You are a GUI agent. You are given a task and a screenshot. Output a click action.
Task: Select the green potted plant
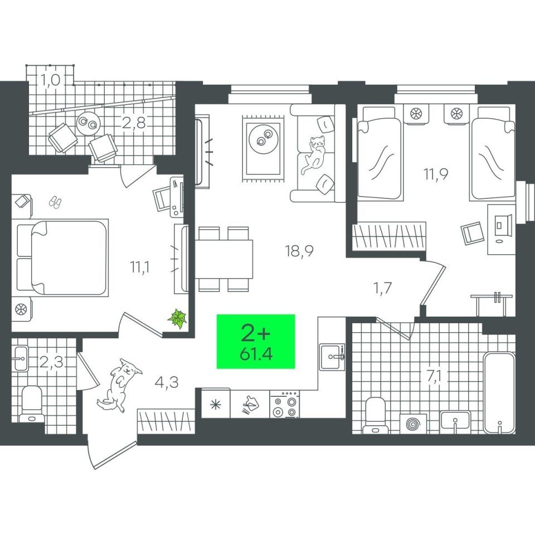click(177, 318)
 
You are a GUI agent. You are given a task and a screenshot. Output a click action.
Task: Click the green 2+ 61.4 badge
click(256, 341)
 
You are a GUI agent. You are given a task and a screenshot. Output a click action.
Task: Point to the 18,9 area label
click(299, 251)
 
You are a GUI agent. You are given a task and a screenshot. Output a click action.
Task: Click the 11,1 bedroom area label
click(139, 267)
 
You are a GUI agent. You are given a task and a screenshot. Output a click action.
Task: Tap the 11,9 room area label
click(436, 174)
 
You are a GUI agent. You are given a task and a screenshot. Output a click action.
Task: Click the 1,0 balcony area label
click(51, 80)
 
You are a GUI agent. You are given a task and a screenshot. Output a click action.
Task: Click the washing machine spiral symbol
click(413, 424)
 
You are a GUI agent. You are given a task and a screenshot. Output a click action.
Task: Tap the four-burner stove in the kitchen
click(285, 405)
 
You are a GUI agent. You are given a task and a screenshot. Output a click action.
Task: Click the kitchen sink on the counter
click(331, 357)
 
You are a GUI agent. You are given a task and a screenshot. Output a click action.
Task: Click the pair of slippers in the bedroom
click(55, 202)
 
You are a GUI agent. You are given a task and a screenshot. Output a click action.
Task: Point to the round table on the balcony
click(88, 123)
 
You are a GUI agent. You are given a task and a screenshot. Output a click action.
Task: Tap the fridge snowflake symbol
click(216, 405)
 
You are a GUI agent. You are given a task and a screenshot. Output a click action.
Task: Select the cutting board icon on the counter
click(250, 405)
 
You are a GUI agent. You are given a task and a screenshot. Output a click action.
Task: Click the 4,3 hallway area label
click(167, 382)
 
